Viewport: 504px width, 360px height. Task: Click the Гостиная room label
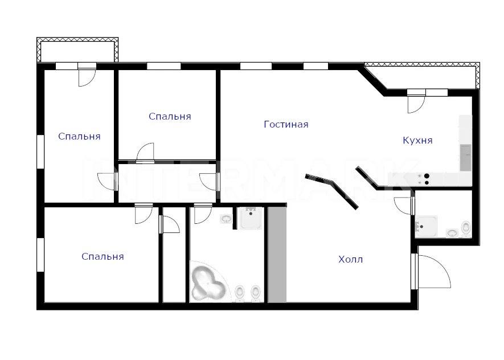286,124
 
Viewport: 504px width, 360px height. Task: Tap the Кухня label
417,141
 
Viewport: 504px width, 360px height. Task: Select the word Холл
350,259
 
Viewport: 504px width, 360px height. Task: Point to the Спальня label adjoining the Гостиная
170,116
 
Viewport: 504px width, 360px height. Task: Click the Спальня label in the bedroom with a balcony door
79,136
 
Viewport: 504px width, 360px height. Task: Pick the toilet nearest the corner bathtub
239,293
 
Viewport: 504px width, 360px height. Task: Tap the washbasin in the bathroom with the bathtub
226,219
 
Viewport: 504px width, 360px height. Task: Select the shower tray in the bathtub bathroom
251,218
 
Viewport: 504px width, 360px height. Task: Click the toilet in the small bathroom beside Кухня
466,228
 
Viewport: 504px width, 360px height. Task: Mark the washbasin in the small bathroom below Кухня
452,233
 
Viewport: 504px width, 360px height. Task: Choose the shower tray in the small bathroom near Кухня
426,227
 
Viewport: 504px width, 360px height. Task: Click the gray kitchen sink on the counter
465,157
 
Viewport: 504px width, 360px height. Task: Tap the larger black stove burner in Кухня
427,176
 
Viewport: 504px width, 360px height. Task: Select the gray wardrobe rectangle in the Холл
277,254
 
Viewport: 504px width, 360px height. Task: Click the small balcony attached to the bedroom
77,50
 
